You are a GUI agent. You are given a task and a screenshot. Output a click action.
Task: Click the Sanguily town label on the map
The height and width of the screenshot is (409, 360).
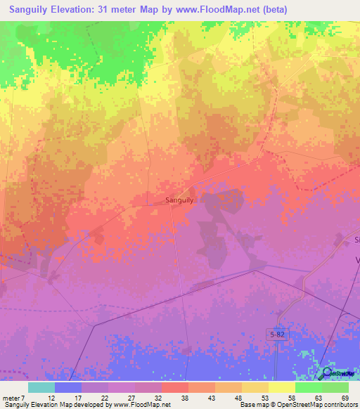click(179, 200)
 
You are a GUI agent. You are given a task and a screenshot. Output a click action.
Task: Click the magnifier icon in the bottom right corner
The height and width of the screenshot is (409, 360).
click(326, 372)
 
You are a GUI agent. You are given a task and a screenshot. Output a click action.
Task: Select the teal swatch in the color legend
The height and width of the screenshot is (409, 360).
click(41, 387)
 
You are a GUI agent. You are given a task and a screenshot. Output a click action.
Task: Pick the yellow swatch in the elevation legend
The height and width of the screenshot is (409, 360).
click(281, 387)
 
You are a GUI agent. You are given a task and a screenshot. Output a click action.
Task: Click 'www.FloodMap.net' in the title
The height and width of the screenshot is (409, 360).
click(221, 8)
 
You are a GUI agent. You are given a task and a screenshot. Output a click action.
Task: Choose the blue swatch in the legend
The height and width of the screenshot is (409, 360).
click(68, 387)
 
